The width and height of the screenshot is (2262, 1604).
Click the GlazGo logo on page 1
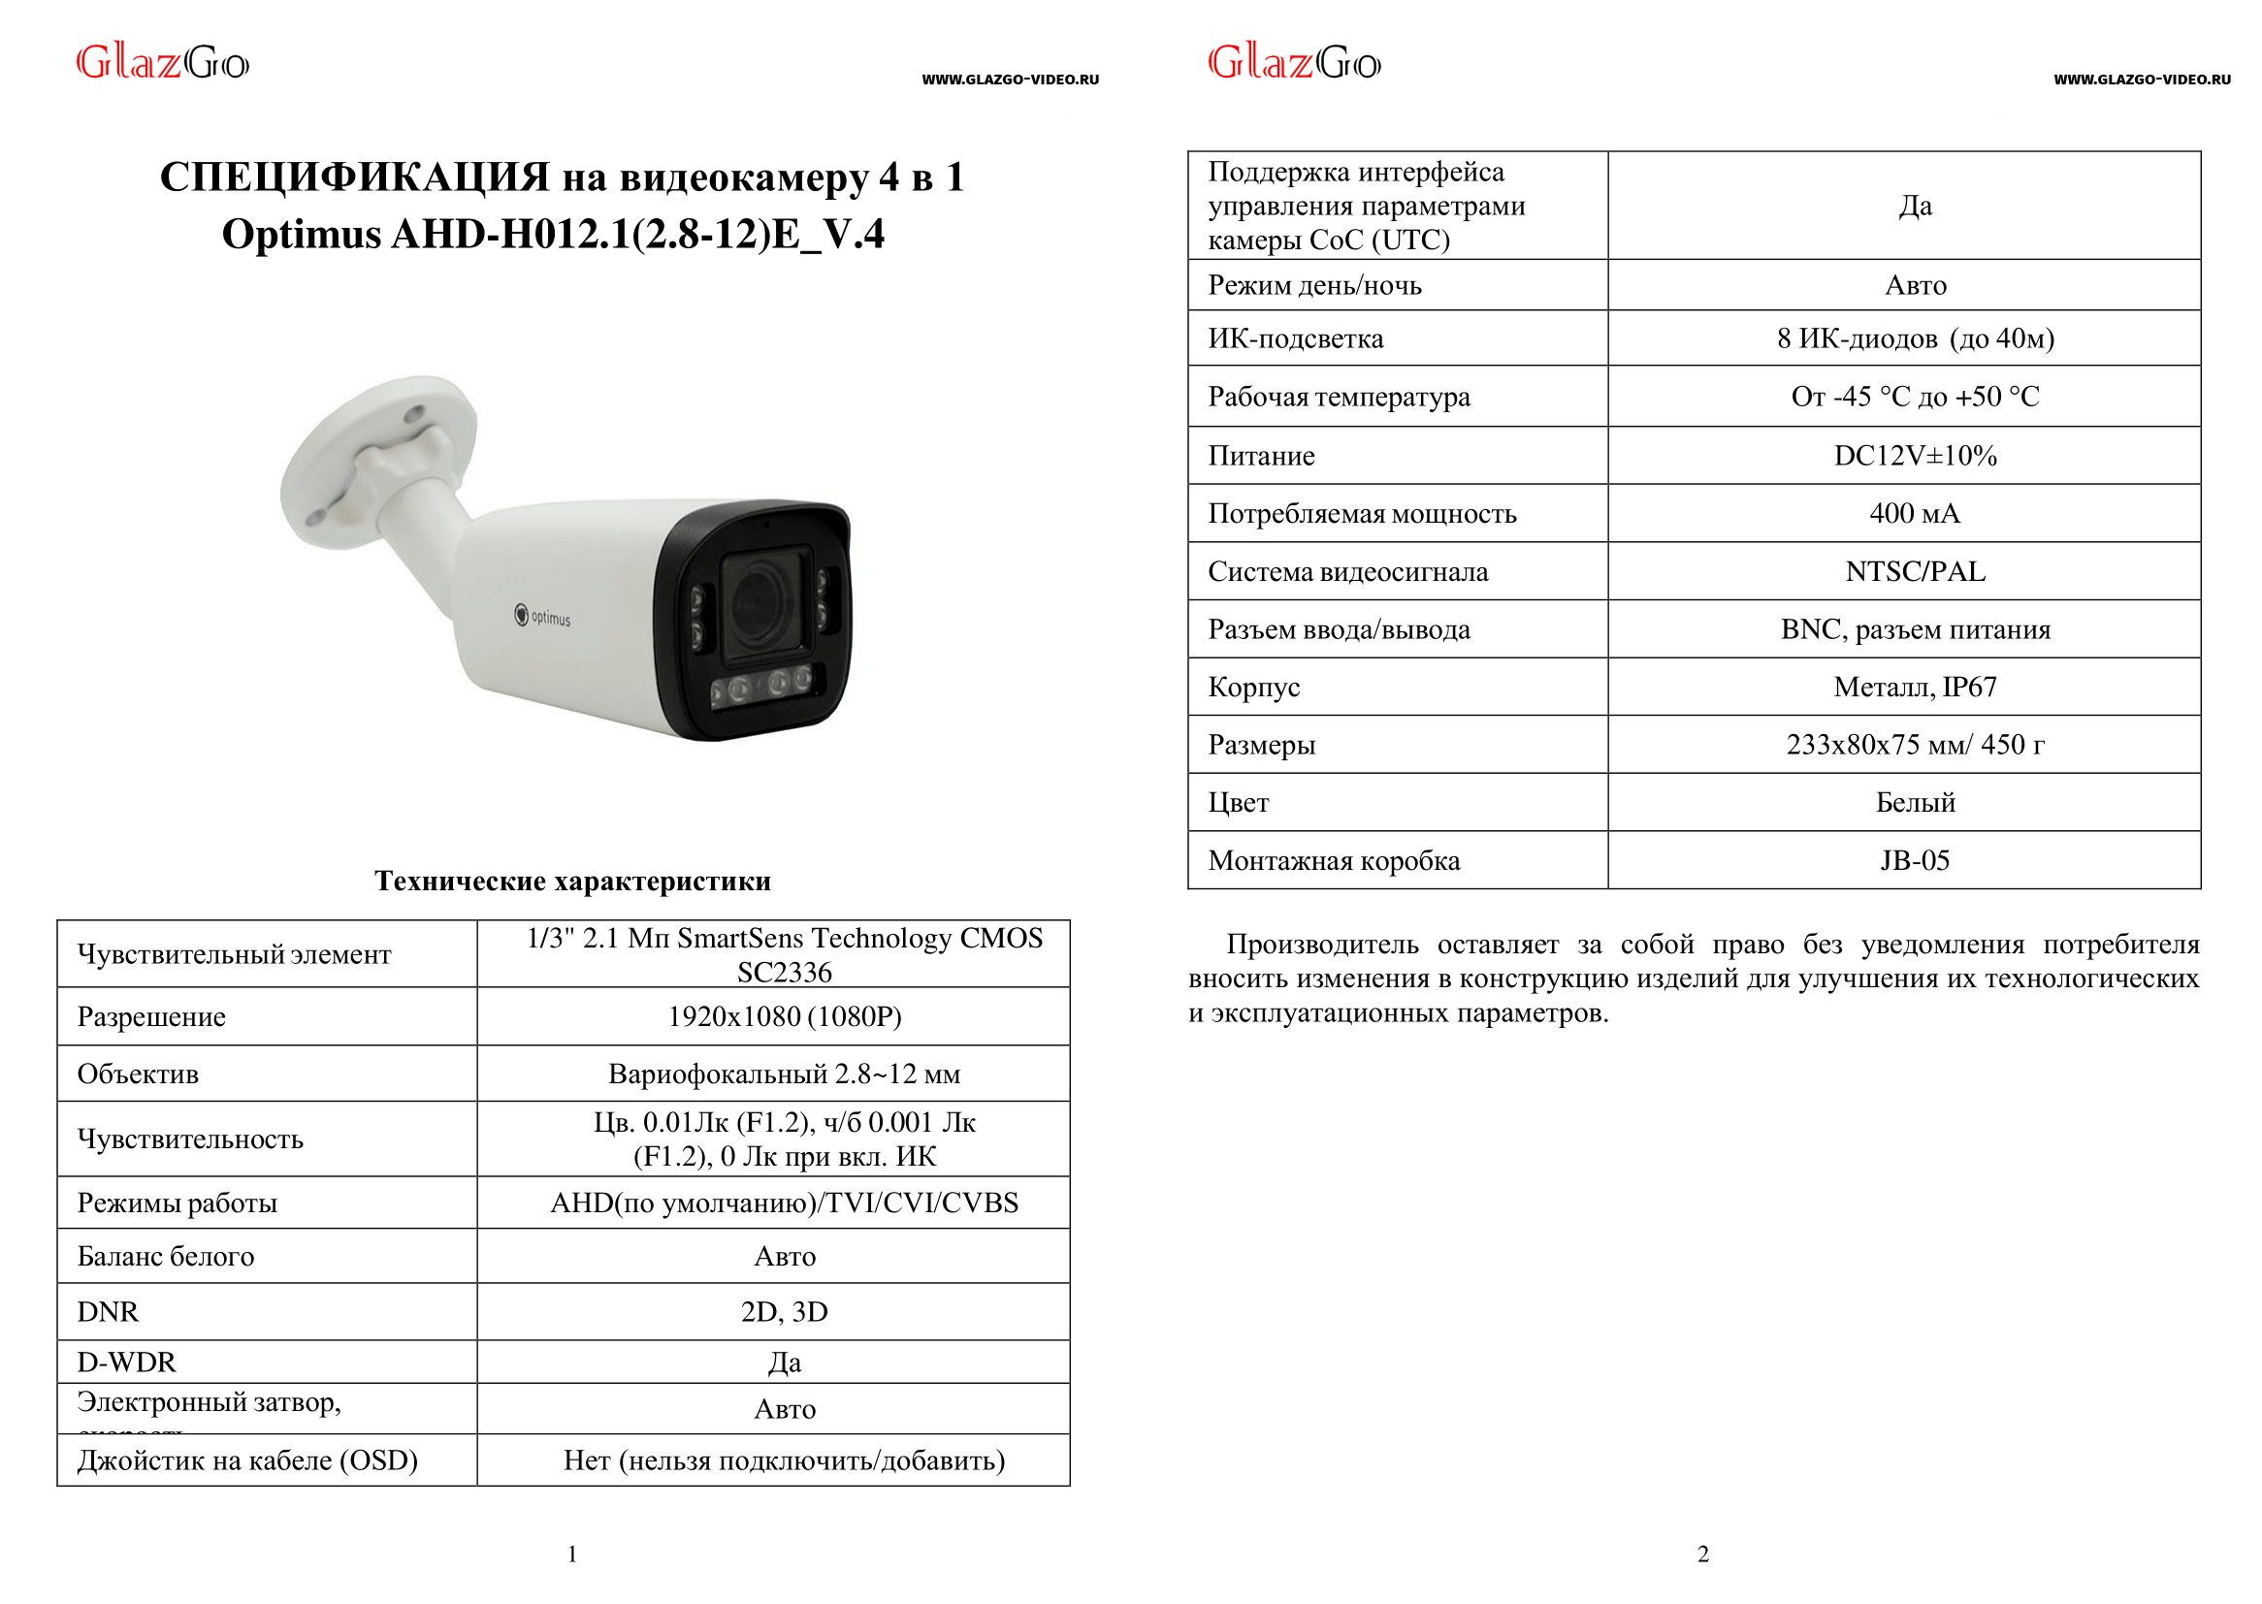point(163,63)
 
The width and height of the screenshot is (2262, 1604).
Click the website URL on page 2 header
point(2142,79)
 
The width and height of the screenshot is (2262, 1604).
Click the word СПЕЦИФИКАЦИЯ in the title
point(355,176)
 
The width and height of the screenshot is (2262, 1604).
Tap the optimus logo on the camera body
point(542,617)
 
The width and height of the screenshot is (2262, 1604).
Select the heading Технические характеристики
point(572,880)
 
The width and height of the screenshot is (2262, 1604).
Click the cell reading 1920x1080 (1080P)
point(785,1016)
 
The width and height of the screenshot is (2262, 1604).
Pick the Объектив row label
point(139,1074)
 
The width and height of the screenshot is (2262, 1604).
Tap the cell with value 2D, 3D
point(785,1312)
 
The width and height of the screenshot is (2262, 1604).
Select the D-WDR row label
point(126,1362)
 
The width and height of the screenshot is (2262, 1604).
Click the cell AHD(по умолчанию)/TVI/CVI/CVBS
point(785,1203)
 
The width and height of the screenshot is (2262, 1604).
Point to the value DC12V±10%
point(1915,456)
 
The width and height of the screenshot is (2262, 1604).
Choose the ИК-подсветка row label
point(1295,338)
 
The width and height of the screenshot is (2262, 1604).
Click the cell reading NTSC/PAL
point(1915,572)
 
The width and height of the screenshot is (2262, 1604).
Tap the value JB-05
point(1915,860)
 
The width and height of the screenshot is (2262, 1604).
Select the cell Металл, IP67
point(1915,687)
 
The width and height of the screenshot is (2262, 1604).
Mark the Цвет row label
point(1238,803)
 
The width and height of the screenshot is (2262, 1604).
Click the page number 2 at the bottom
point(1703,1555)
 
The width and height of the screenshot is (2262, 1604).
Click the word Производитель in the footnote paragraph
point(1322,946)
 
